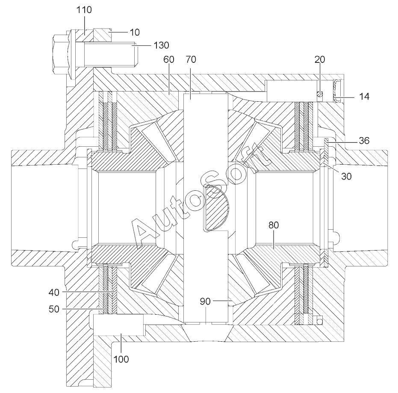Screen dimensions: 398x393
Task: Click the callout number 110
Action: tap(84, 10)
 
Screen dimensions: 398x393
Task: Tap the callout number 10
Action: tap(135, 32)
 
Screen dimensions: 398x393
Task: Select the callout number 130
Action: tap(162, 45)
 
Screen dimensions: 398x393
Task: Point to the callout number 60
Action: tap(169, 59)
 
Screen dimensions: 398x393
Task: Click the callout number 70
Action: tap(191, 59)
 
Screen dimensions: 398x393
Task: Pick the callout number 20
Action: tap(320, 59)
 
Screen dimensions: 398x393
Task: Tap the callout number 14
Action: tap(364, 97)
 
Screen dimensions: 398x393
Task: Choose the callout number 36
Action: tap(364, 141)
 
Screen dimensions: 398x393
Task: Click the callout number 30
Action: tap(346, 176)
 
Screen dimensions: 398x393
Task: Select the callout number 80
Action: tap(273, 225)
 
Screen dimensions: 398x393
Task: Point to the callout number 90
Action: tap(205, 301)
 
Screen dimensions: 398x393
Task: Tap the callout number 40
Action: tap(54, 293)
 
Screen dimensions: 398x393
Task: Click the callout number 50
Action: tap(54, 309)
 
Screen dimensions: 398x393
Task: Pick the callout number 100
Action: tap(121, 359)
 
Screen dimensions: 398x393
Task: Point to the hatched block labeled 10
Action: tap(102, 35)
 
